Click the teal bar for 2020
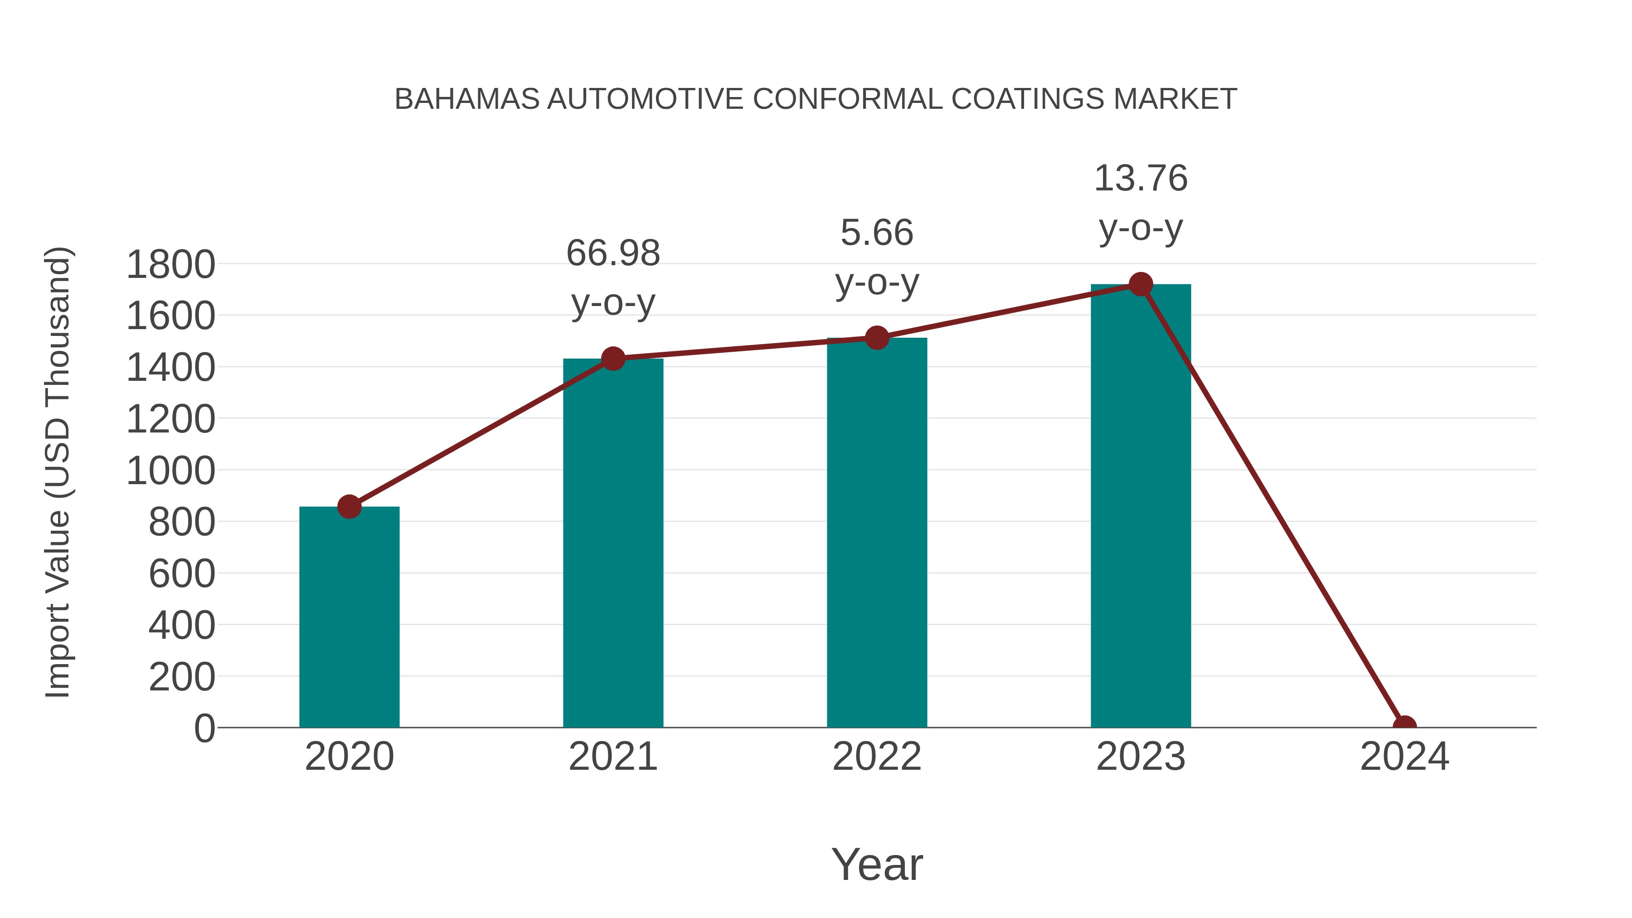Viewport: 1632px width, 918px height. pos(349,618)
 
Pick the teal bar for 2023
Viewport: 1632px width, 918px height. pos(1141,507)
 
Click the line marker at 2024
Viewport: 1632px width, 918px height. pos(1404,726)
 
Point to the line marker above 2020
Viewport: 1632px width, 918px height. pos(349,507)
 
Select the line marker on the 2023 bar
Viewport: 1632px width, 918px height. pos(1141,284)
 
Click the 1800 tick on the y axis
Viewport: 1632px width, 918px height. pos(170,265)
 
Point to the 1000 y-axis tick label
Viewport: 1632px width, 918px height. pos(170,471)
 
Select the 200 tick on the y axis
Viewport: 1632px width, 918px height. pos(182,677)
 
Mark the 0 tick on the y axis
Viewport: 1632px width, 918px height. pos(204,729)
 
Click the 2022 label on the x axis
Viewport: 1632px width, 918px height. pos(877,757)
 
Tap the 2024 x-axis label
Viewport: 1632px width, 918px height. pos(1404,757)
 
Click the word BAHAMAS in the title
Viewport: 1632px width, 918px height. pos(467,99)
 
